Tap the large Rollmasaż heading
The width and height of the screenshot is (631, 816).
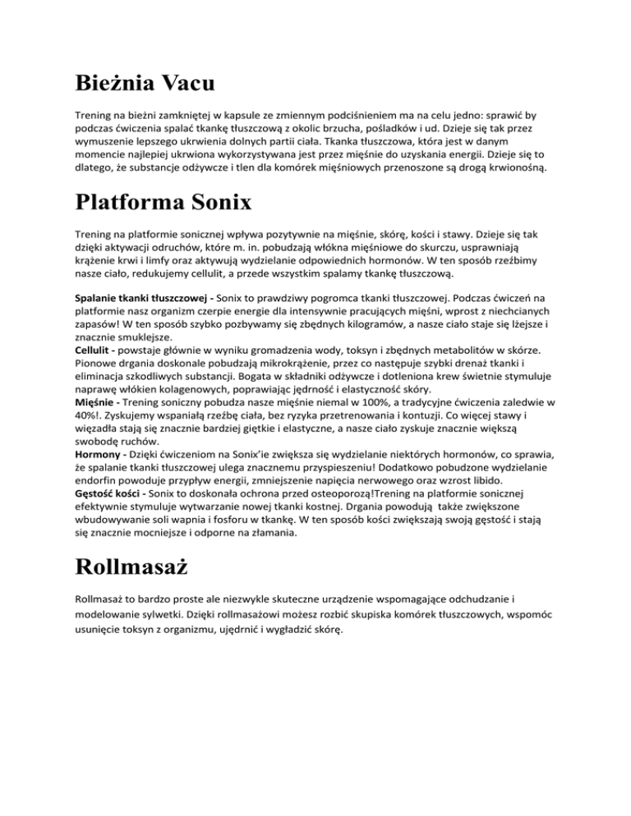140,567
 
